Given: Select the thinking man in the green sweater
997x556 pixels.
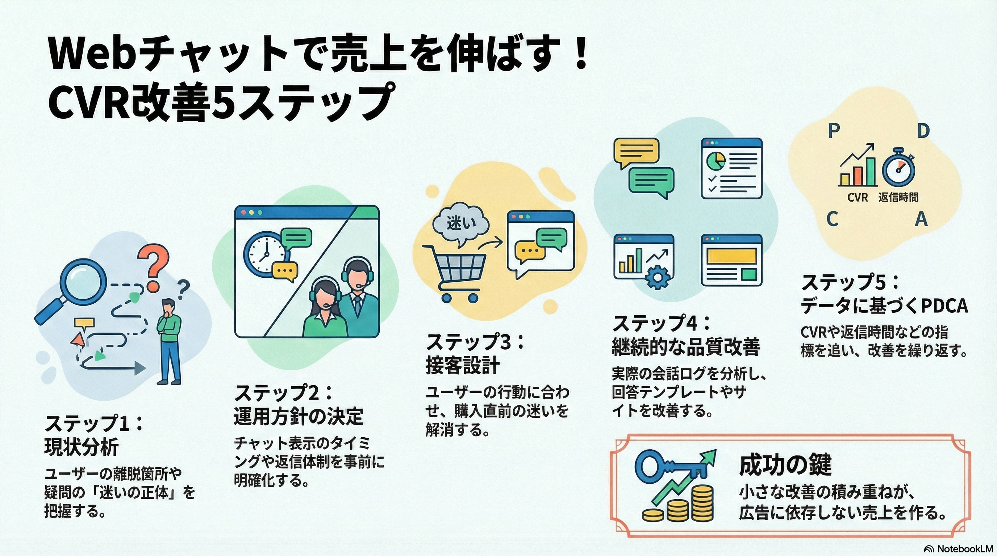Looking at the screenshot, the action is [x=169, y=341].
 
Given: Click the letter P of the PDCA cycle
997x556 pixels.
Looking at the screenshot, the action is [x=834, y=131].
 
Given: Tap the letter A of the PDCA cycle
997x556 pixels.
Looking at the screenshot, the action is [x=921, y=219].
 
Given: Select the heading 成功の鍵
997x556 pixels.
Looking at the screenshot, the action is [x=785, y=465].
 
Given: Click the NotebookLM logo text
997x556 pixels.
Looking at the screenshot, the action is [x=965, y=549].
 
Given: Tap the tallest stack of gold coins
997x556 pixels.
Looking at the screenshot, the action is [x=702, y=504].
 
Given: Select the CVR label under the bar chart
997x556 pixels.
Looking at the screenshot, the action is [x=857, y=198].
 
